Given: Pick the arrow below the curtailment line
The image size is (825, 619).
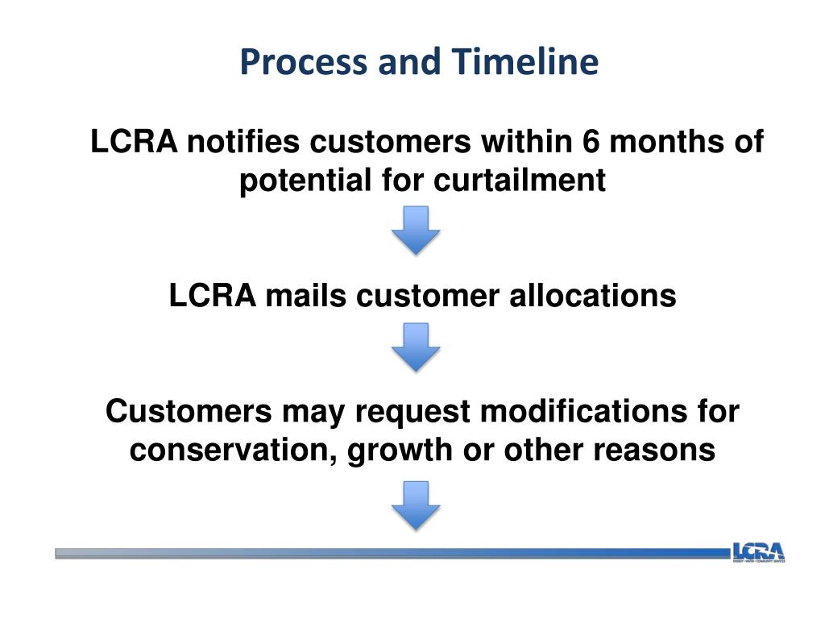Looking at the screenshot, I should coord(416,231).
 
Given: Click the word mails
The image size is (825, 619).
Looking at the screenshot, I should coord(308,296).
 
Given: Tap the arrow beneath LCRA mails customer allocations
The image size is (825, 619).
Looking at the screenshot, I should coord(416,347).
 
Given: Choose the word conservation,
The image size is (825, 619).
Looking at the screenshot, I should coord(234,450).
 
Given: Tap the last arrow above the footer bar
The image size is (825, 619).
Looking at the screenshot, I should coord(416,505).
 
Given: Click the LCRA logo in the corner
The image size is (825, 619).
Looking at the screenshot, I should coord(758,552).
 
